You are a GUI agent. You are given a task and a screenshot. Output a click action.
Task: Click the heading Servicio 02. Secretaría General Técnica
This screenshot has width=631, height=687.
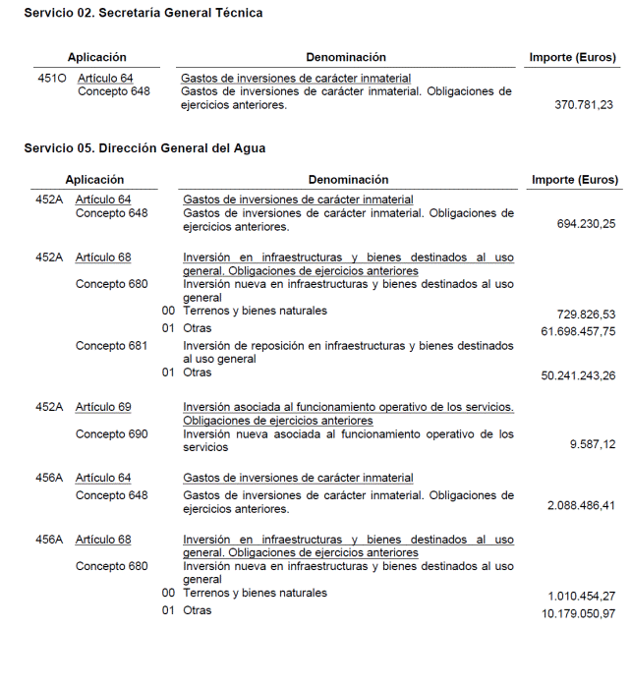(x=143, y=13)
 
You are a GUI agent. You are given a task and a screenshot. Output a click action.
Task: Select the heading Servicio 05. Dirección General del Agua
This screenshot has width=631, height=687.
(x=144, y=148)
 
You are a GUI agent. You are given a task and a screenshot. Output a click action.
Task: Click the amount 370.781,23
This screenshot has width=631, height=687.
(x=584, y=105)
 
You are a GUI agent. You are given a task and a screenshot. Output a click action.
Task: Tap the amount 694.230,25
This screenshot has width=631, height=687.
(x=587, y=224)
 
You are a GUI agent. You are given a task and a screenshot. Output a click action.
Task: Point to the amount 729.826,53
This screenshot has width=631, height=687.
(x=587, y=314)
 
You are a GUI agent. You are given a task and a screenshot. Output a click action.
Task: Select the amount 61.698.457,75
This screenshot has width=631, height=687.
(x=579, y=331)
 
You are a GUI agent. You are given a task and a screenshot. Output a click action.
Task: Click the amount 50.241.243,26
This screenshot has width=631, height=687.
(x=579, y=375)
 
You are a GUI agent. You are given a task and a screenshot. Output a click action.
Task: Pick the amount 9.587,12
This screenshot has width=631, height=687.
(x=593, y=444)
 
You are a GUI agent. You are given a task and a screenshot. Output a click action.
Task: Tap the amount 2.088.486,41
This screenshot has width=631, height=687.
(x=581, y=505)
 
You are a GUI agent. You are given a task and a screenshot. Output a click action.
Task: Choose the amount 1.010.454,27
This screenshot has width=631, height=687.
(x=582, y=597)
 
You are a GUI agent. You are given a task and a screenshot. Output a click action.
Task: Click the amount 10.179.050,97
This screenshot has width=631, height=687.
(x=579, y=614)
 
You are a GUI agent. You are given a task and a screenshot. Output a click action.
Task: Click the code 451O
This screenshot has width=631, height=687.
(x=51, y=78)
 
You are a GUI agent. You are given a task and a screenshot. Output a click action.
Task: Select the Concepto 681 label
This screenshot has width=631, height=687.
(x=111, y=346)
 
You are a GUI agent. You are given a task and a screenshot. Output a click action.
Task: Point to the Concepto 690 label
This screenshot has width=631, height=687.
(x=111, y=433)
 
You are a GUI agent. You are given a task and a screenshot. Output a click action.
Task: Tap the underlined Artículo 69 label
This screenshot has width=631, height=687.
(x=103, y=407)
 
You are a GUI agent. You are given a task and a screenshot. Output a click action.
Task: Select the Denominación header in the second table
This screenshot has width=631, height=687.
(x=348, y=180)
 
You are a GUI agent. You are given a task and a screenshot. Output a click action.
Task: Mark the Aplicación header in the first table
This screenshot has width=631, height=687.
(x=96, y=57)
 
